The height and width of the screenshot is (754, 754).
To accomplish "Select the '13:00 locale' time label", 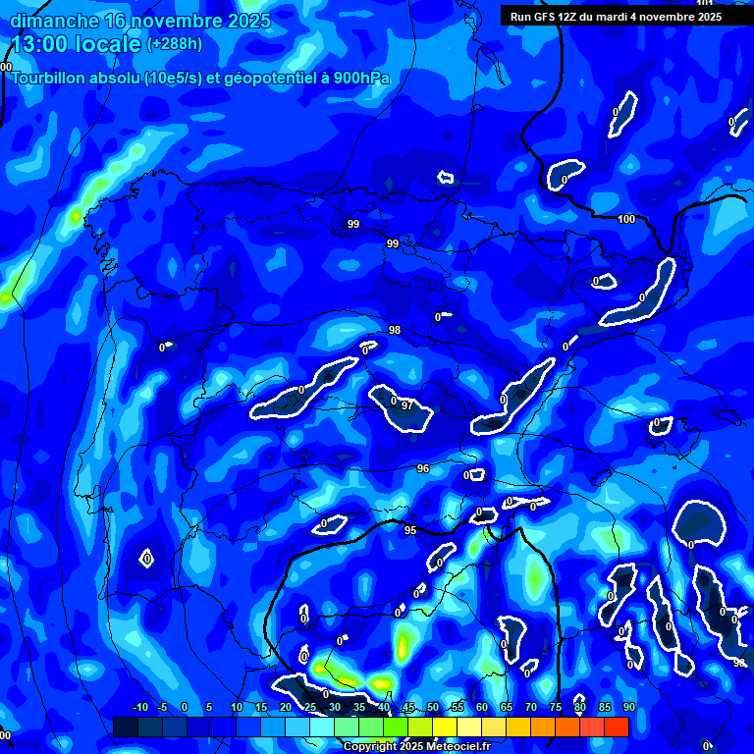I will [77, 44].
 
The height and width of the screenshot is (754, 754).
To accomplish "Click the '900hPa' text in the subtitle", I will [362, 79].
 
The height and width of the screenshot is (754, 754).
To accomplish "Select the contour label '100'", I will [626, 219].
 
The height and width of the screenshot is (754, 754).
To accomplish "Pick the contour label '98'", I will [395, 330].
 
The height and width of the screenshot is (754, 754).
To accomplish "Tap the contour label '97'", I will [406, 405].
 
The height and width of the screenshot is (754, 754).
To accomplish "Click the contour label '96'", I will [423, 468].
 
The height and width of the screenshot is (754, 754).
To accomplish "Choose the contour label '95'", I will [410, 530].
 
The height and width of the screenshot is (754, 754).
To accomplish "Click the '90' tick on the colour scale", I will [628, 707].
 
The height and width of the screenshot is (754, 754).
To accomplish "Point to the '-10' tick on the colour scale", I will [139, 707].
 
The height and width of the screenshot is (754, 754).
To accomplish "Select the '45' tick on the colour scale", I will [408, 707].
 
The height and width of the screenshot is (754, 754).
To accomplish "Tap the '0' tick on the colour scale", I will [185, 707].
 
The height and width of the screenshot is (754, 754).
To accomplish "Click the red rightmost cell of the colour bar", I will [616, 727].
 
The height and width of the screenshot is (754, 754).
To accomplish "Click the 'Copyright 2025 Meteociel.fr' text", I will [416, 746].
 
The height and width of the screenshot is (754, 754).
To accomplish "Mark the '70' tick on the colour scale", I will [530, 707].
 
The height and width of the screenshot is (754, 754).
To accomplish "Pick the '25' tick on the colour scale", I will [310, 707].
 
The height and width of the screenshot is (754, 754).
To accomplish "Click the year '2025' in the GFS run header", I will [702, 16].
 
